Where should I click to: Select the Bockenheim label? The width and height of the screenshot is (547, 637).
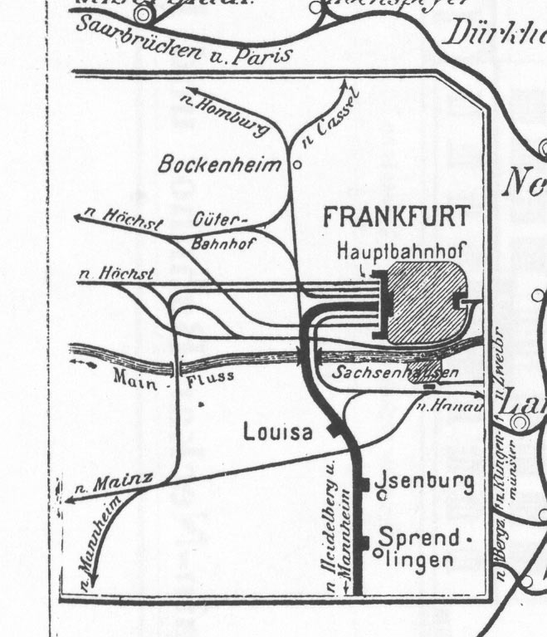point(220,164)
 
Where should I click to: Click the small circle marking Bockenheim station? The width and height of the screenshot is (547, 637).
point(296,164)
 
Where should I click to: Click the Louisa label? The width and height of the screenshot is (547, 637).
point(279,432)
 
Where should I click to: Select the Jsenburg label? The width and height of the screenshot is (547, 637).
point(425,482)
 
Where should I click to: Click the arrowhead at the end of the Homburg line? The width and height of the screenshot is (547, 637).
point(187,88)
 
